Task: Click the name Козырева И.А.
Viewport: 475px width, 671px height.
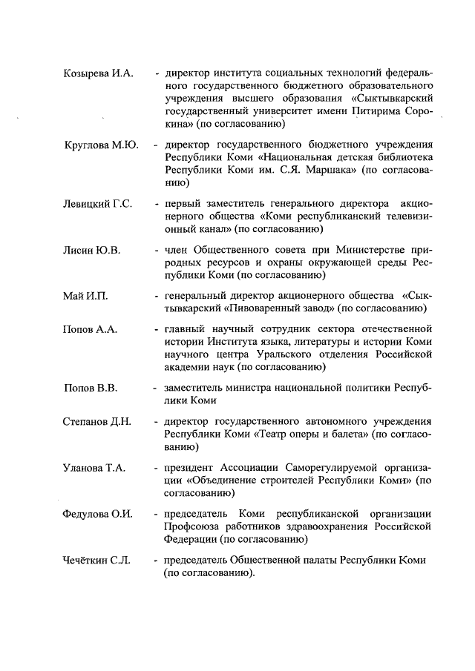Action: pyautogui.click(x=96, y=75)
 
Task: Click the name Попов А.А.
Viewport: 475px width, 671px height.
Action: pyautogui.click(x=90, y=329)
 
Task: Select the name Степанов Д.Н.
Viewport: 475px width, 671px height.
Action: pyautogui.click(x=97, y=423)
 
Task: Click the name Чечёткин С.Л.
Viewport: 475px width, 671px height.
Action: pyautogui.click(x=96, y=560)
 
